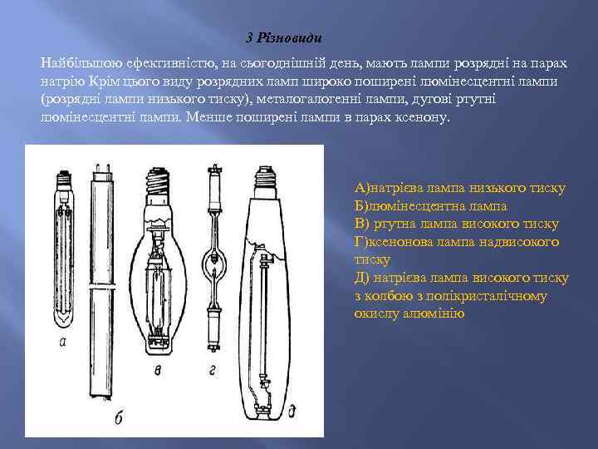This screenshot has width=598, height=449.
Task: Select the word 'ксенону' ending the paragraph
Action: point(423,118)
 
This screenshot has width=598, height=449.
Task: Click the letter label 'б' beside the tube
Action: point(118,418)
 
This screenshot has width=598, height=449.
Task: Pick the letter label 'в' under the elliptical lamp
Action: point(158,368)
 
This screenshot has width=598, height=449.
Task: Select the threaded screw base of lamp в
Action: point(157,180)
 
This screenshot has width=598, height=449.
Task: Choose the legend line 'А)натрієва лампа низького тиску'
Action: point(459,188)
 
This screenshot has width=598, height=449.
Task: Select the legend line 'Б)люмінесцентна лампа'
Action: point(430,206)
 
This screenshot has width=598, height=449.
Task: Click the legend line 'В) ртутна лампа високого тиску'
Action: point(456,224)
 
